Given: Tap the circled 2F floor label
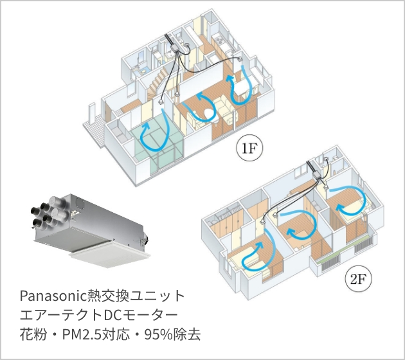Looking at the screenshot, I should coord(358,279).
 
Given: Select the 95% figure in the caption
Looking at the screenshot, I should coord(165,335).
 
